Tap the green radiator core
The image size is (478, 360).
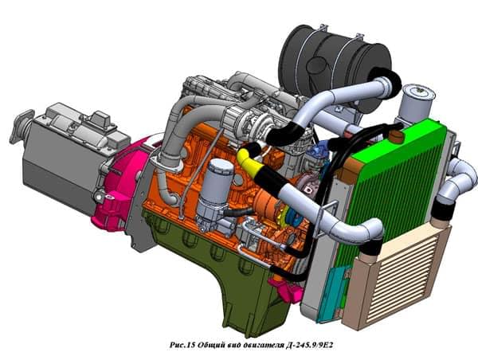pos(394,186)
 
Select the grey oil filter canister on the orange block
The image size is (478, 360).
pos(214,189)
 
